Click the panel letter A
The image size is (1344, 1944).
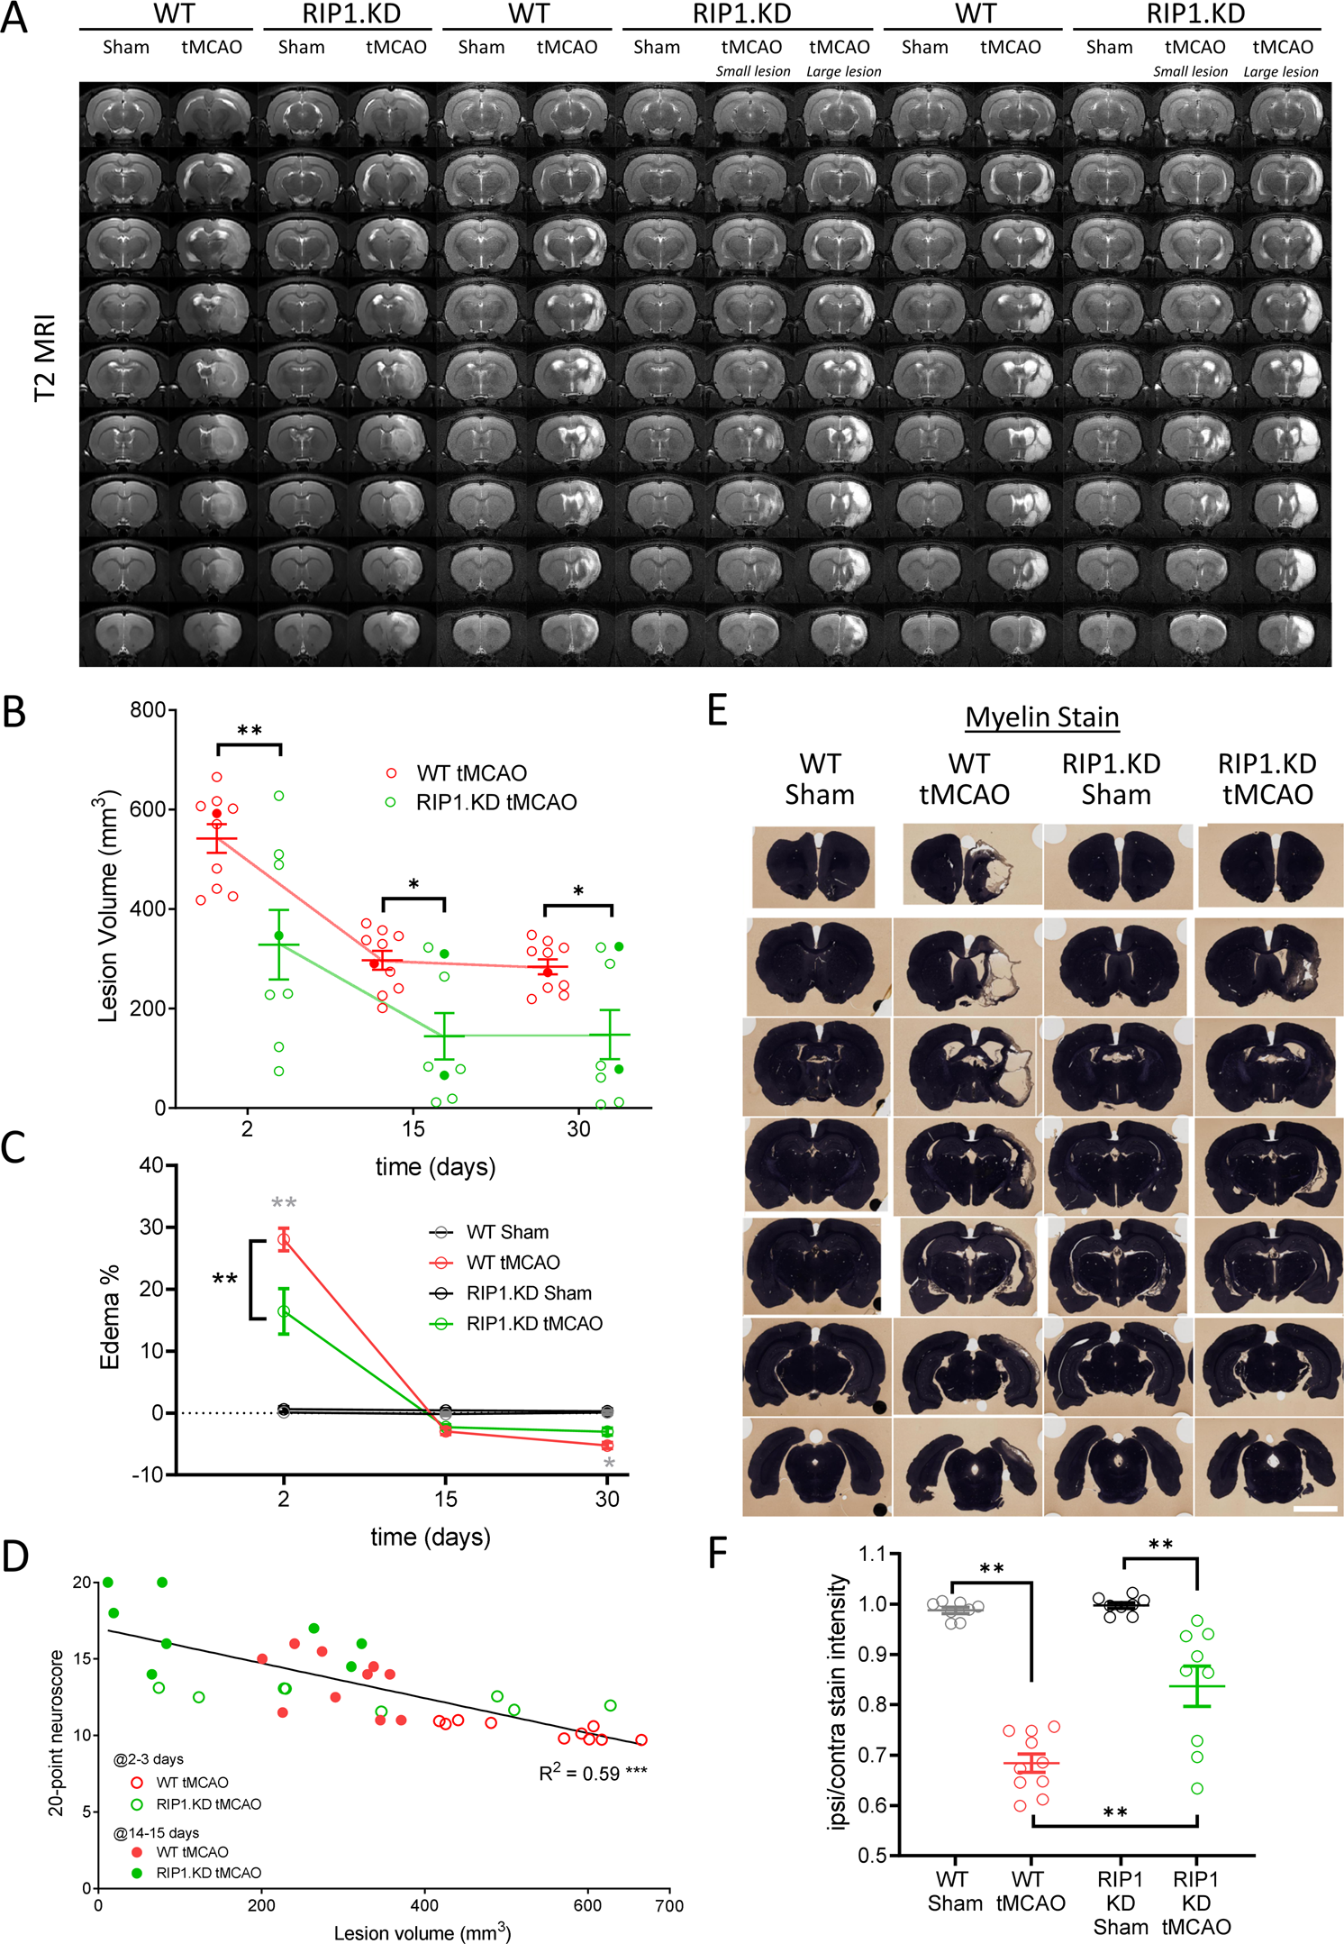(14, 18)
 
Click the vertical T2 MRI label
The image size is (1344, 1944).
(45, 359)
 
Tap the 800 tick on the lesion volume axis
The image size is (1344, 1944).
(148, 710)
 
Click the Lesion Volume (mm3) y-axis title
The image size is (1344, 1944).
(108, 906)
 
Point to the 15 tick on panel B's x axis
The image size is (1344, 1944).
(413, 1128)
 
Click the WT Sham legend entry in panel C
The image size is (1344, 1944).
(506, 1232)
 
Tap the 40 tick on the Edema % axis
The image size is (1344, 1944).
(151, 1165)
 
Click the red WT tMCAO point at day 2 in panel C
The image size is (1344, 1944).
(284, 1241)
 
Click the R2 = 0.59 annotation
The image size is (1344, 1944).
(592, 1774)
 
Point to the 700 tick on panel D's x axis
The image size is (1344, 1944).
(668, 1905)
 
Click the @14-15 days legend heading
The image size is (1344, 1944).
(156, 1833)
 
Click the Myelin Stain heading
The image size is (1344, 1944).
(1042, 717)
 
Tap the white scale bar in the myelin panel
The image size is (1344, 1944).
(1315, 1508)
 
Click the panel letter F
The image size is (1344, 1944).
(718, 1553)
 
